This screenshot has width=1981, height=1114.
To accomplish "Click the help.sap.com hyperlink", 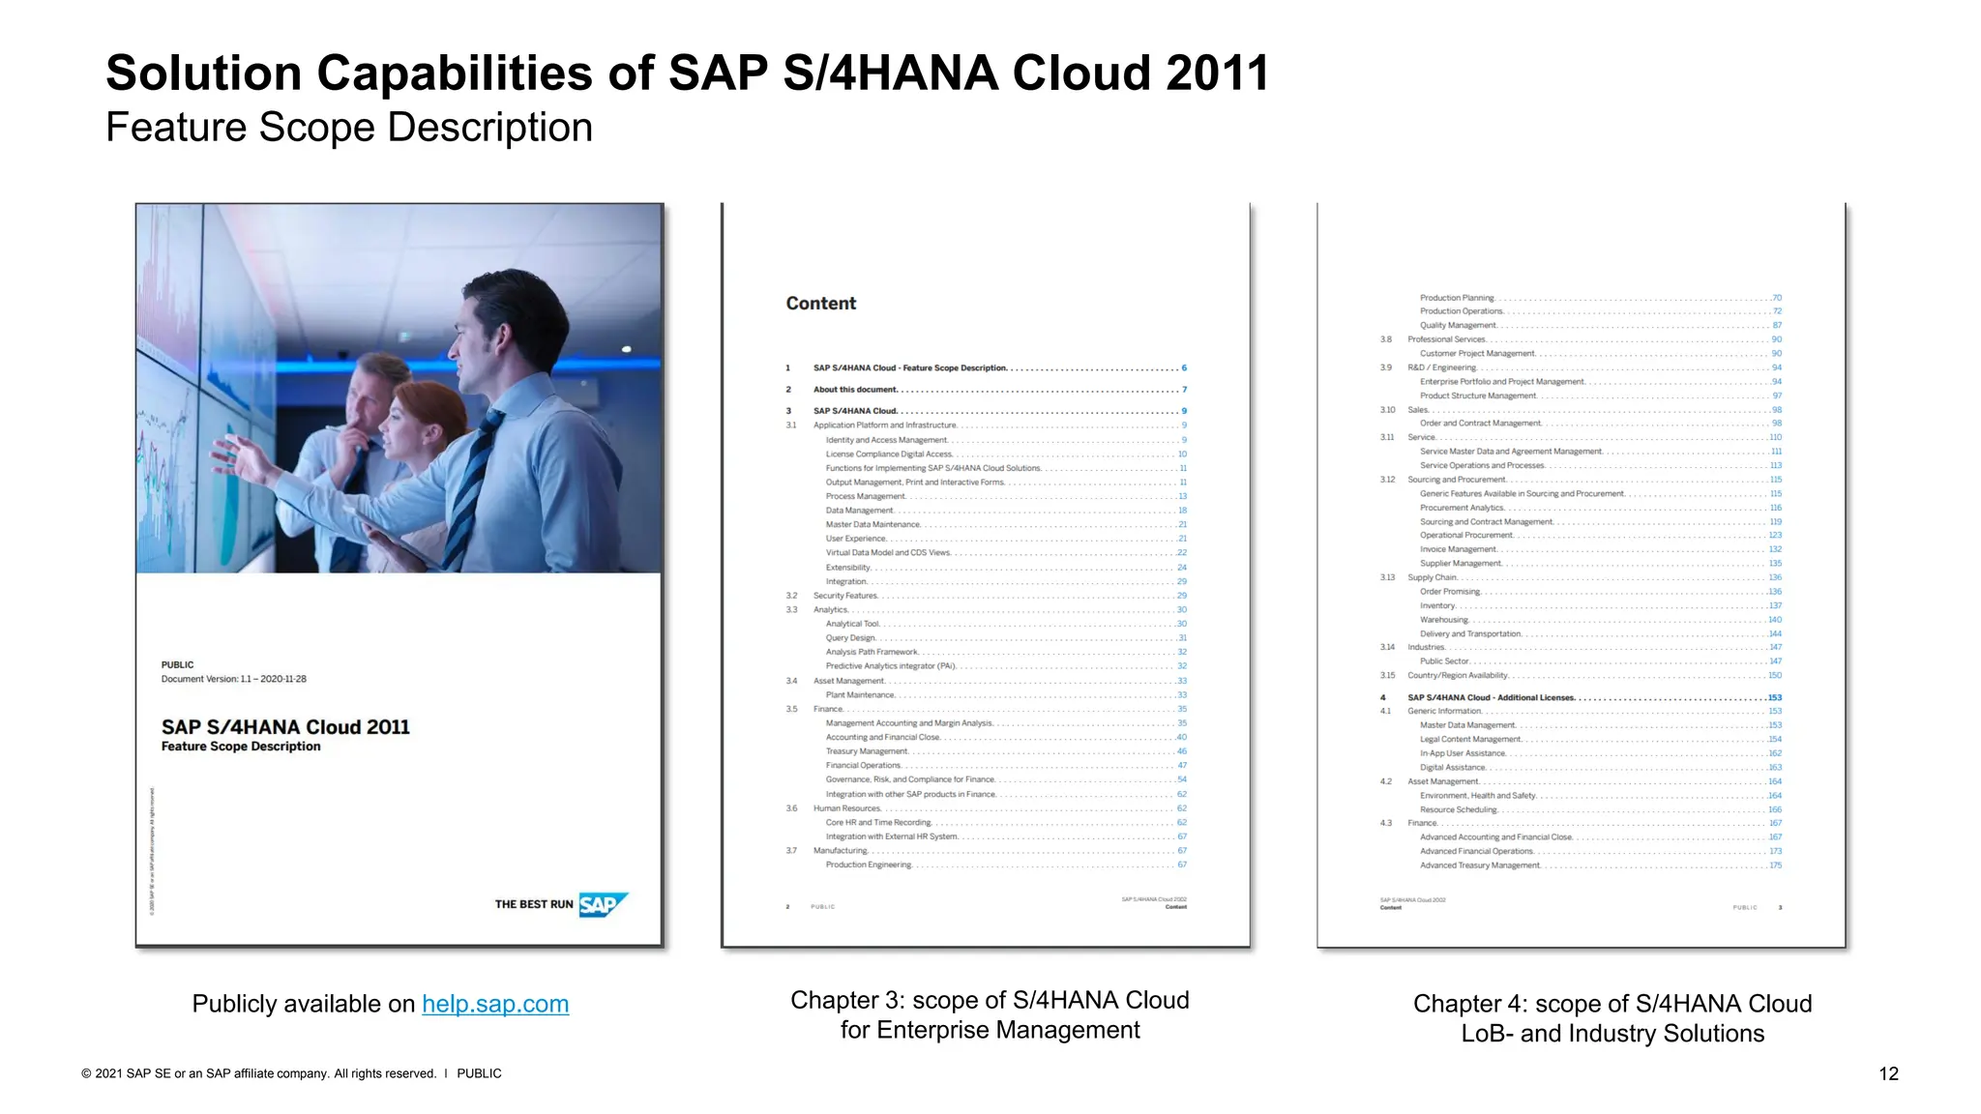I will point(495,1004).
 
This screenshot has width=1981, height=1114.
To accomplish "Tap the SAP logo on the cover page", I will point(603,904).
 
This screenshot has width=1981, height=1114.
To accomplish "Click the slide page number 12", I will point(1888,1073).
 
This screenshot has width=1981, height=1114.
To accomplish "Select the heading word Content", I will point(821,304).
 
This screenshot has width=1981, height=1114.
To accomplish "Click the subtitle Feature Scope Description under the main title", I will point(349,128).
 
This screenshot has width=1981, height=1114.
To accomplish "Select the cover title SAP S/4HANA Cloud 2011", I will point(285,727).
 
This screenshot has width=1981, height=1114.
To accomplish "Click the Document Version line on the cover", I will point(234,679).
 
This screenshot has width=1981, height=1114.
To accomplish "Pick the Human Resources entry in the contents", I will point(847,808).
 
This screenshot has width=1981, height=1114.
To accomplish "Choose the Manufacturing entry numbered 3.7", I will point(840,851).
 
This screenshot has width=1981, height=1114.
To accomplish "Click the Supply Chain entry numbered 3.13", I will point(1432,577).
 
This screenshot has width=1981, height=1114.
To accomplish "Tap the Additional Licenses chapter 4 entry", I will point(1491,697).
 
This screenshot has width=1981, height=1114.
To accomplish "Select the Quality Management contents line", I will point(1458,325).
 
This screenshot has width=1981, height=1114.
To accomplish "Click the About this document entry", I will point(855,390).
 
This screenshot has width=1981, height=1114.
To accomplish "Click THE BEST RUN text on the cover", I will point(534,904).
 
